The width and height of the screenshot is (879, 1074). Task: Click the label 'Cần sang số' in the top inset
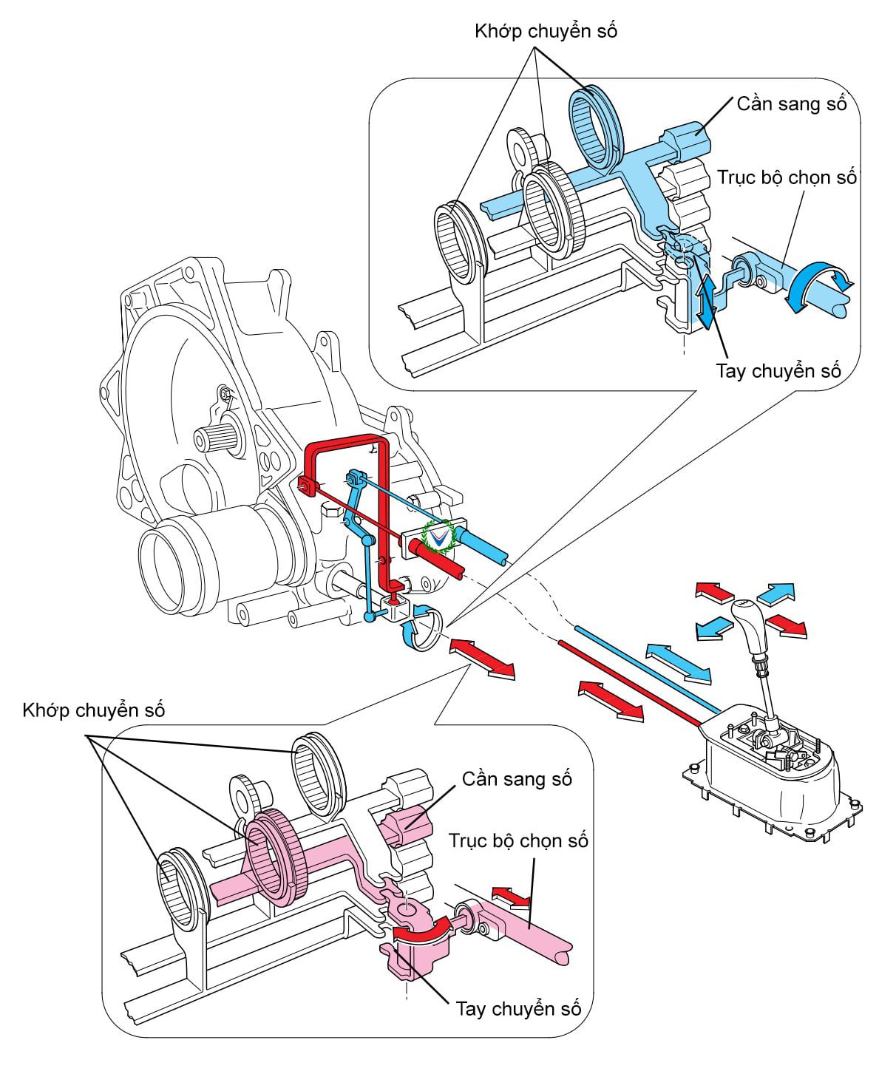(791, 103)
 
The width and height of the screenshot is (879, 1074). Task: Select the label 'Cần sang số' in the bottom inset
(517, 779)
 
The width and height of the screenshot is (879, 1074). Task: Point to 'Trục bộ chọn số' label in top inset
(787, 178)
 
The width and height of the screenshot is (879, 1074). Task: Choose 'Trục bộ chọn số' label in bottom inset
(518, 840)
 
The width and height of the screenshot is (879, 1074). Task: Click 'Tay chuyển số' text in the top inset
(778, 370)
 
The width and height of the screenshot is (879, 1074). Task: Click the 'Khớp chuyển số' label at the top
(546, 31)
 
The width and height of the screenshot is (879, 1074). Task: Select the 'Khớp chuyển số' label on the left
(94, 710)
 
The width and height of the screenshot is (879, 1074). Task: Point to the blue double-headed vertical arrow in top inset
(705, 299)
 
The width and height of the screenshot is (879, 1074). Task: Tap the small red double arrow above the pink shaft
(512, 897)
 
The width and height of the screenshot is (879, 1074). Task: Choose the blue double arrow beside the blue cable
(678, 662)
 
